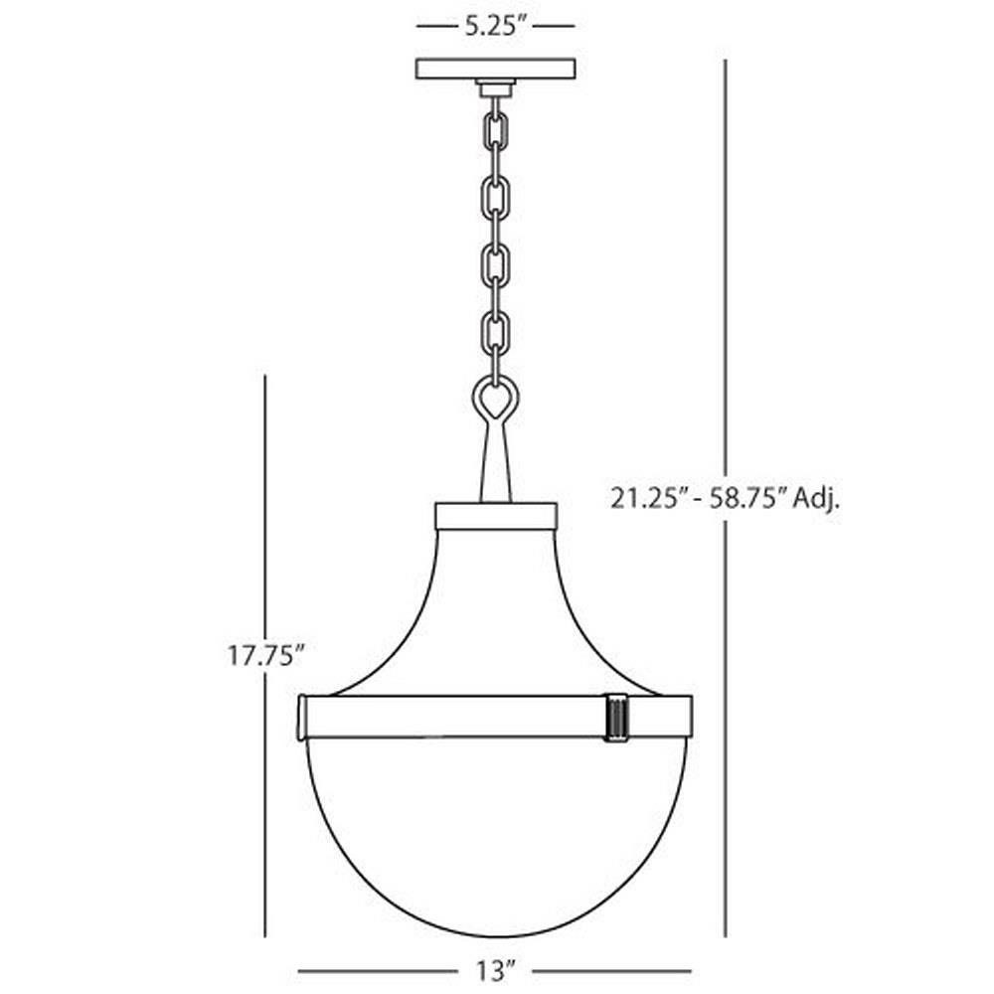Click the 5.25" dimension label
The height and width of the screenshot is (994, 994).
click(496, 27)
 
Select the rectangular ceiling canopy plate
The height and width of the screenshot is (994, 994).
click(496, 69)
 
